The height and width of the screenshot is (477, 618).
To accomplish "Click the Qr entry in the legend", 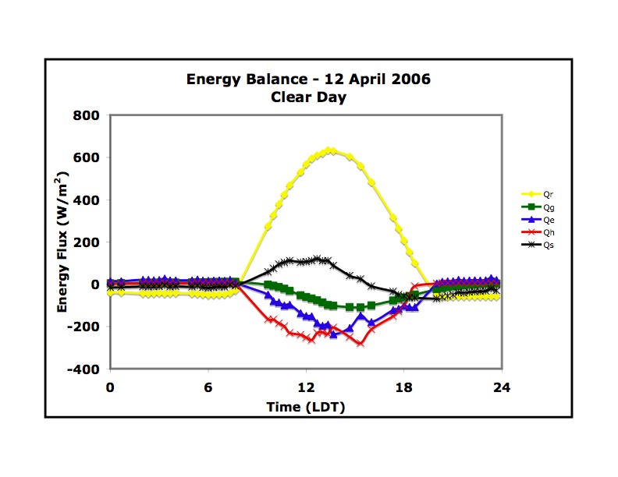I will tap(534, 195).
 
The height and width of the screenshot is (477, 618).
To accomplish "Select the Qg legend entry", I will tap(534, 207).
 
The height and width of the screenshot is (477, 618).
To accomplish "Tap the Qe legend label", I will tap(534, 220).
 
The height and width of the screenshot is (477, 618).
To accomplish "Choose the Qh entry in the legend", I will tap(534, 232).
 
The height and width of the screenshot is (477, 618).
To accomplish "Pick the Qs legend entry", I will tap(534, 245).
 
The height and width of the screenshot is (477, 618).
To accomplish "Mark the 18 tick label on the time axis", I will tap(403, 387).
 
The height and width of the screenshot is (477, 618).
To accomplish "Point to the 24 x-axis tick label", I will tap(502, 387).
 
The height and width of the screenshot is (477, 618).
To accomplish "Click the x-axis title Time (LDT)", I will tap(305, 406).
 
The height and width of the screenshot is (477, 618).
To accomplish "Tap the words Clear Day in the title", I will tap(308, 97).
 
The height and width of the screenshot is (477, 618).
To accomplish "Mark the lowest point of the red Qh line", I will tap(360, 343).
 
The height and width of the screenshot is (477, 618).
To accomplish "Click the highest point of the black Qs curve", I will tap(317, 258).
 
